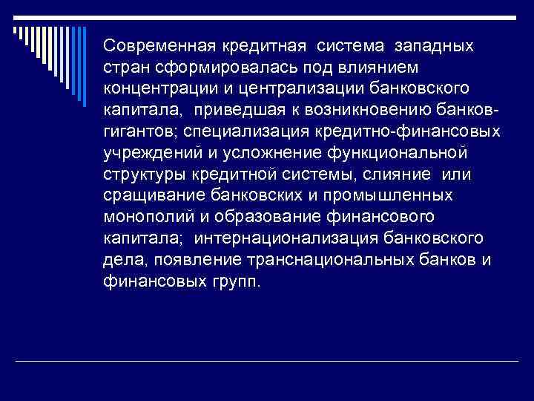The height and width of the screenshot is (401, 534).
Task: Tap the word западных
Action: [x=436, y=46]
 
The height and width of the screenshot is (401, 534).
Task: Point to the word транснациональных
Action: [x=337, y=259]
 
